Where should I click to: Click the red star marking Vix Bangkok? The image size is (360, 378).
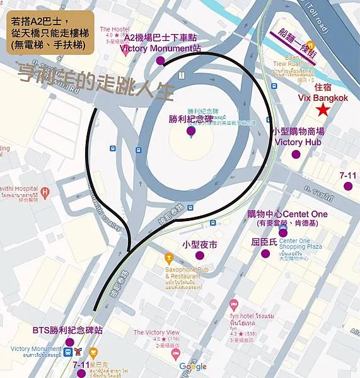coord(323,110)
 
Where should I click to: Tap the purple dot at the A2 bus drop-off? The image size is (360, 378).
coord(160,61)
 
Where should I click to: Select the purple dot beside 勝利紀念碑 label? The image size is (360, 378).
coord(191,131)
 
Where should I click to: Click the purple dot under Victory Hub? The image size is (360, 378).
coord(297,153)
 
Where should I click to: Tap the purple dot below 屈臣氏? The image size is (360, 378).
coord(265,254)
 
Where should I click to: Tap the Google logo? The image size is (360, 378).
coord(193,367)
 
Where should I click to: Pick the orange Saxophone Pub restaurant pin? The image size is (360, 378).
coord(169,258)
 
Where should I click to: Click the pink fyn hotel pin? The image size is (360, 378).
coord(234,305)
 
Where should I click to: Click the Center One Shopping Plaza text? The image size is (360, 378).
coord(300,243)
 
